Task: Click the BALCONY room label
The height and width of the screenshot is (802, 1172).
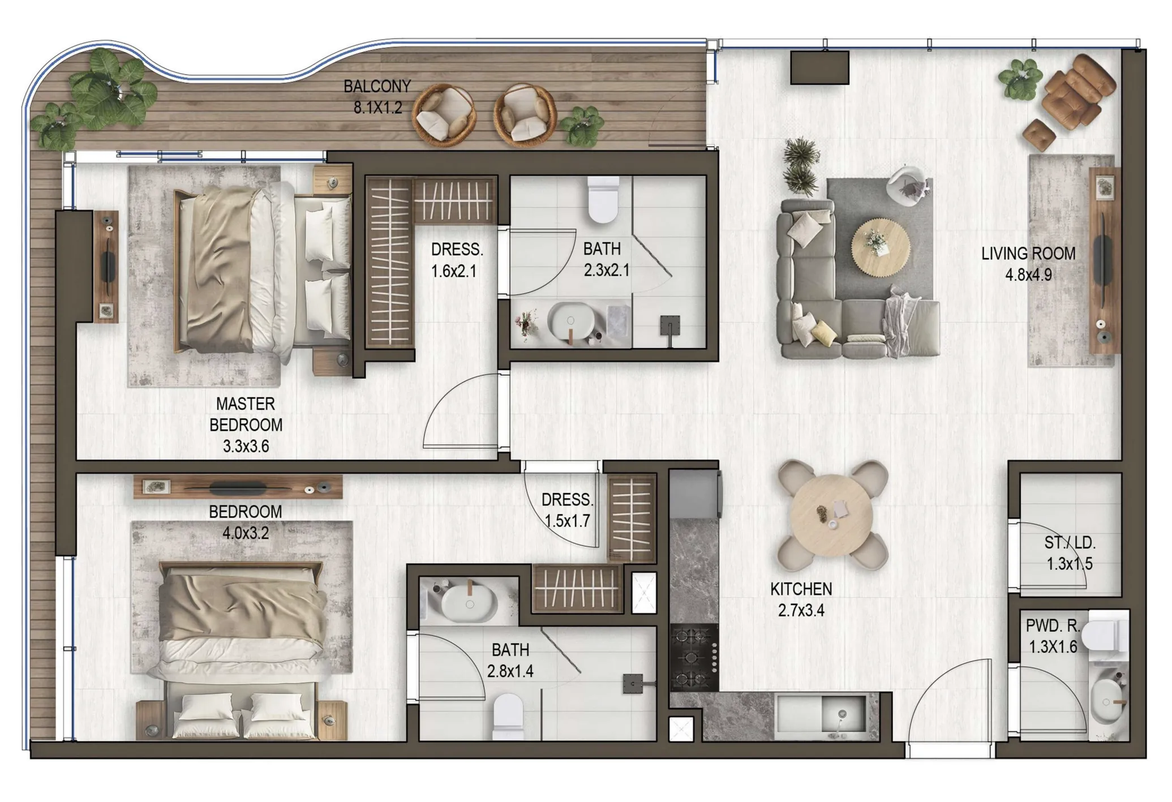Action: pyautogui.click(x=377, y=87)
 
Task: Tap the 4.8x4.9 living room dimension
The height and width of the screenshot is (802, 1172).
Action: pyautogui.click(x=1028, y=275)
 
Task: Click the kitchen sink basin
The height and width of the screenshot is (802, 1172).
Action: pyautogui.click(x=843, y=714)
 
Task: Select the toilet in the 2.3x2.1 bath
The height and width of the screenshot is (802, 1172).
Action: pyautogui.click(x=603, y=200)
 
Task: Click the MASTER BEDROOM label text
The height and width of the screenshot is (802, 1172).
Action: pyautogui.click(x=246, y=414)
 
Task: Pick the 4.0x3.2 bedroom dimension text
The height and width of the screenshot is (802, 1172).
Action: pyautogui.click(x=246, y=533)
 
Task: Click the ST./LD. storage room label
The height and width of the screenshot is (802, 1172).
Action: pyautogui.click(x=1070, y=543)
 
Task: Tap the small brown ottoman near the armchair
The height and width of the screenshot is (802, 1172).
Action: pyautogui.click(x=1039, y=136)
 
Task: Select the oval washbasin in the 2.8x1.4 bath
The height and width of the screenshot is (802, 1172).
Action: pyautogui.click(x=469, y=603)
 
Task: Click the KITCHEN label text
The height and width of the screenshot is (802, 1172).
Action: pyautogui.click(x=801, y=589)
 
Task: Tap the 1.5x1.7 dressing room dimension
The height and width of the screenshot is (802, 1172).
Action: pyautogui.click(x=567, y=521)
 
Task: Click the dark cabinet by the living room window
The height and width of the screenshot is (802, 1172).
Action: pyautogui.click(x=819, y=67)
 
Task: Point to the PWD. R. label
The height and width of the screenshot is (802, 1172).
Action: pyautogui.click(x=1053, y=626)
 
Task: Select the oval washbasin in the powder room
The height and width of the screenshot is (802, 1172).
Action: pyautogui.click(x=1106, y=702)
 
